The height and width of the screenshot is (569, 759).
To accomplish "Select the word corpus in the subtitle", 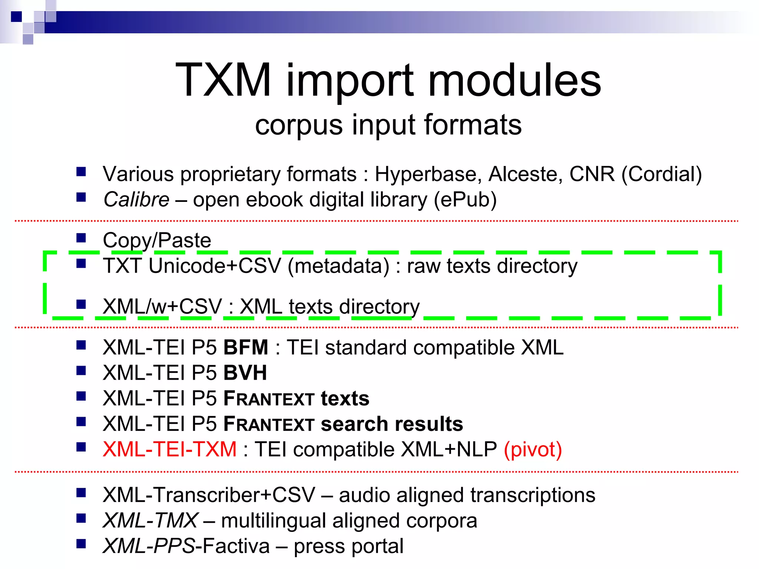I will point(298,125).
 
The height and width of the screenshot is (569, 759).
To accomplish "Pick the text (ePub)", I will point(465,200).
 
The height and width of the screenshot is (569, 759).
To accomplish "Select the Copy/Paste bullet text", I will point(157,240).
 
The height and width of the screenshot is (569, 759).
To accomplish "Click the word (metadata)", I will point(338,266).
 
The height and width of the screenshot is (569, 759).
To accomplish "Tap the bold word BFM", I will point(246,347).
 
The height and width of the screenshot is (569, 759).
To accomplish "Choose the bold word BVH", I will point(245,373).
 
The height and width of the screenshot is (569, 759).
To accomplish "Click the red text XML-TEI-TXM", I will point(169,449).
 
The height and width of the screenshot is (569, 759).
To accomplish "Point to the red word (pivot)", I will point(533,449).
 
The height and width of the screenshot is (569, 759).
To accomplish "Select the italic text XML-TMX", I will point(150,520).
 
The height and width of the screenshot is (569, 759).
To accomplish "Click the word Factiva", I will point(236,546).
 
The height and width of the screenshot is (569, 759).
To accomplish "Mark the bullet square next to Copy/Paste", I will point(81,237).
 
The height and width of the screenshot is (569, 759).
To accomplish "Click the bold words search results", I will point(392,424).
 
